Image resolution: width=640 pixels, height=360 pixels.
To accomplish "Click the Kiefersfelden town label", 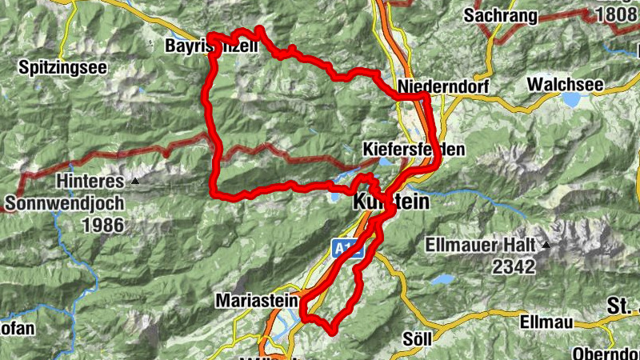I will click(413, 150).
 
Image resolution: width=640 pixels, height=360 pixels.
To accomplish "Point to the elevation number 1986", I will click(103, 225).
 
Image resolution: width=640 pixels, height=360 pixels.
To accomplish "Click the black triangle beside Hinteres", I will click(135, 181).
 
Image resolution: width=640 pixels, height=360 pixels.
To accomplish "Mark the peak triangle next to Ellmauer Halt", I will click(546, 244).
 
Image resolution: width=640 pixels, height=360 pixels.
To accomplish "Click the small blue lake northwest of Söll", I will click(439, 280).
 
